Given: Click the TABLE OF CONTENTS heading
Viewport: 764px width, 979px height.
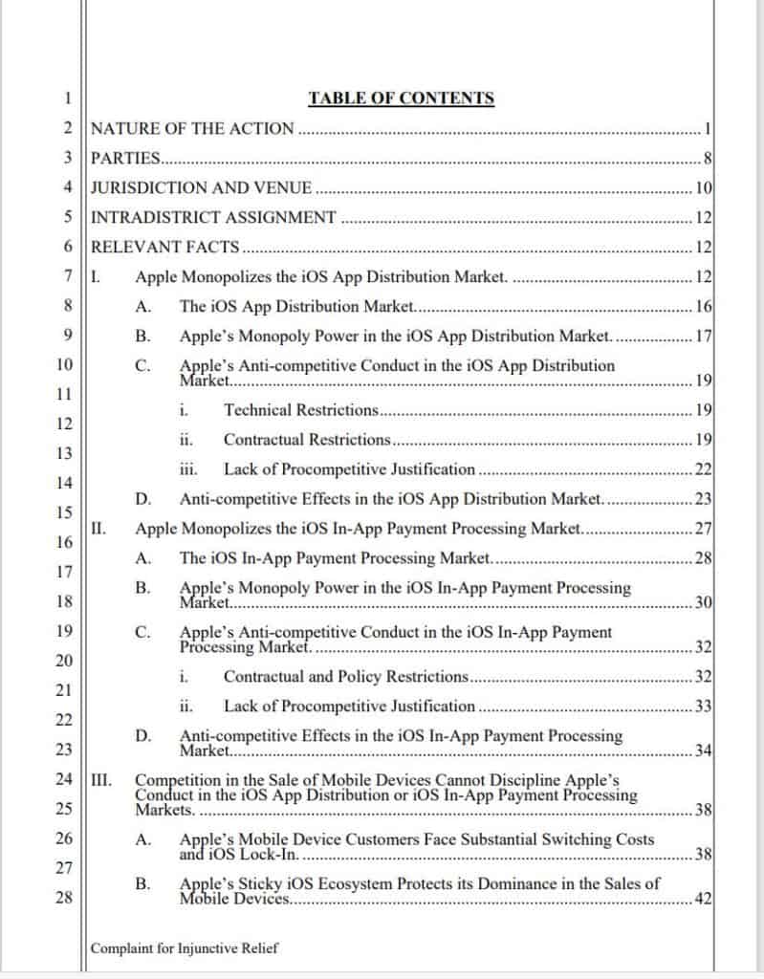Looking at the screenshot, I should [401, 98].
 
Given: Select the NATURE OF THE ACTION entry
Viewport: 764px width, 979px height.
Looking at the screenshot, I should [192, 129].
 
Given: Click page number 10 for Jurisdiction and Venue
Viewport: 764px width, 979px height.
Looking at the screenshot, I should [704, 188].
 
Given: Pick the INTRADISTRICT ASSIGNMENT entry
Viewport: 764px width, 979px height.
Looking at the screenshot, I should [213, 218].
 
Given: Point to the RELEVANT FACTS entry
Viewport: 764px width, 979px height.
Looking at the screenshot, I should [164, 248].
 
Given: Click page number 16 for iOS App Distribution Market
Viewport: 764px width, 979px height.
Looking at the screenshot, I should [704, 307].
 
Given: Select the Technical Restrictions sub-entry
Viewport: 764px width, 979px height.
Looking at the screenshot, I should [301, 410].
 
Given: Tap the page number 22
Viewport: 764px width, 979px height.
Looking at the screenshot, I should [704, 469].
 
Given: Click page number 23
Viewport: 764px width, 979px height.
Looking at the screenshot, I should [704, 499].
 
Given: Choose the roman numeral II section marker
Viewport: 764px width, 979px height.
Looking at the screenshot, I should [97, 528].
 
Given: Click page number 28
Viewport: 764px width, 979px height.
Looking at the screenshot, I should [704, 558].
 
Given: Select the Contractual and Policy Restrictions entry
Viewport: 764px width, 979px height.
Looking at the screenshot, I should [345, 677].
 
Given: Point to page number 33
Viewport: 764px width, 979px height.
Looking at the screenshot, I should [704, 707].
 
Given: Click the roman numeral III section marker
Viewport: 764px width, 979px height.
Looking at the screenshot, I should [99, 780].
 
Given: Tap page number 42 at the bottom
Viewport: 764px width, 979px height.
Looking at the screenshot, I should [704, 900].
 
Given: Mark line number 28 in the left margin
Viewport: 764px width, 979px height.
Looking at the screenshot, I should [65, 899].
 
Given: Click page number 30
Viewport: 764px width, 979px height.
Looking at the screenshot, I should [704, 603].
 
